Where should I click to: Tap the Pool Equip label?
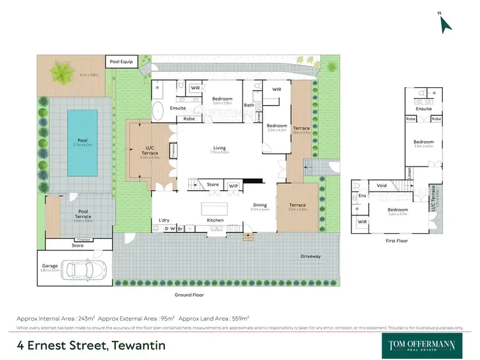(122, 61)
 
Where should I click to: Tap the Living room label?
(220, 148)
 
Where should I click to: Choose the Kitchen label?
(215, 220)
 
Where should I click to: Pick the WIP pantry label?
(233, 185)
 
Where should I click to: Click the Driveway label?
(310, 256)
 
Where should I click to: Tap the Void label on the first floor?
(382, 186)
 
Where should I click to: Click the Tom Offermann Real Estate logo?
(422, 345)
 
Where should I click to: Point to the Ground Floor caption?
(189, 295)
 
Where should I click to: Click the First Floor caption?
(398, 241)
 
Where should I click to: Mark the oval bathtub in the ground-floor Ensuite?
(158, 110)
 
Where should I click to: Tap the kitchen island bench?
(216, 208)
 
